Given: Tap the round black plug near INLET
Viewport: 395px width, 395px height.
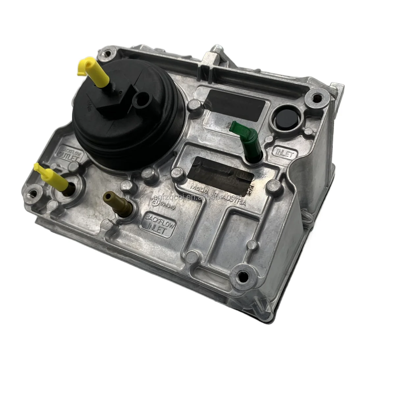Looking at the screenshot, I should pos(285,118).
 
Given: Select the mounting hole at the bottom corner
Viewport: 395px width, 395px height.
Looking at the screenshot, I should pos(244,275).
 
